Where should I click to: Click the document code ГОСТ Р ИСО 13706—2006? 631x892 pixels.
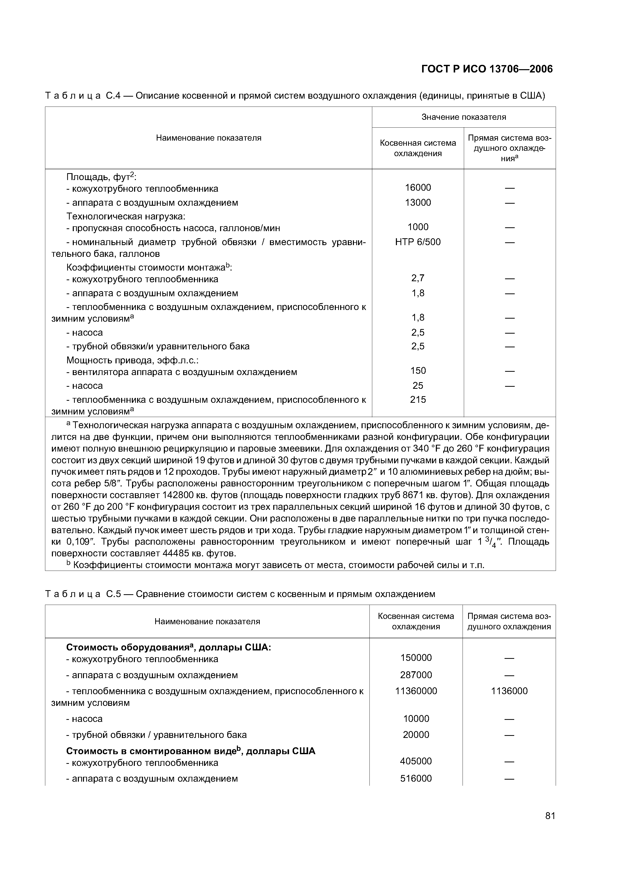point(487,69)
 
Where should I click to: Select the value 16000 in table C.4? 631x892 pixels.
point(418,188)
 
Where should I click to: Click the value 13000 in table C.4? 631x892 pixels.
point(418,202)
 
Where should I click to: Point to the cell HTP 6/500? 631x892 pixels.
point(418,242)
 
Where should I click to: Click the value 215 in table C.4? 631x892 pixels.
point(418,399)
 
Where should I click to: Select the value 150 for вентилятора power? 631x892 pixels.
point(418,371)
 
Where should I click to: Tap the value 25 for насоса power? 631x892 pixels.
point(418,385)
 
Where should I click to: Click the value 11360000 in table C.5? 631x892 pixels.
point(416,691)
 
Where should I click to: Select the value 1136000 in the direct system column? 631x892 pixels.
point(509,691)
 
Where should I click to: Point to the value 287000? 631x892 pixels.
point(416,675)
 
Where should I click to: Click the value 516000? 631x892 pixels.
point(416,779)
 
